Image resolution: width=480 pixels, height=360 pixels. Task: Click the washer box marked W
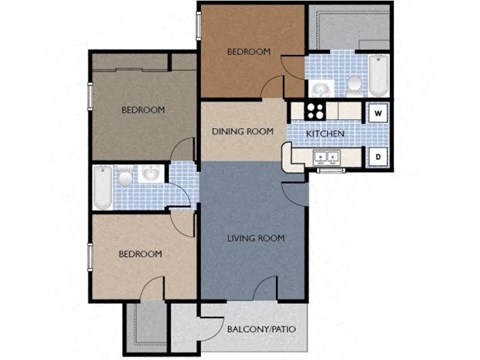(378, 112)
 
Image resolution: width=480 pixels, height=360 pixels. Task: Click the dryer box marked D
(378, 156)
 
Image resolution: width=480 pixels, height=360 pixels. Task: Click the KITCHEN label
(325, 133)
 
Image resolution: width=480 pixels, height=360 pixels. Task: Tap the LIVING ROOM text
(256, 238)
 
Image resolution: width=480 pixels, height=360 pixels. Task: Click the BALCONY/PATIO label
(262, 327)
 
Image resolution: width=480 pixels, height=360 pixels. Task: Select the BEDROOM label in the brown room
(247, 51)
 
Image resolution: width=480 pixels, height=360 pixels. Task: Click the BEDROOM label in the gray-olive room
(143, 110)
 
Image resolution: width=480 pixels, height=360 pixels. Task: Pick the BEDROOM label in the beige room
(140, 254)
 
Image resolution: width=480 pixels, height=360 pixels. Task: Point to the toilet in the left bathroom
(125, 179)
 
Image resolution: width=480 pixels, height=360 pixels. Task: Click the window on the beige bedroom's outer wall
(90, 254)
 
